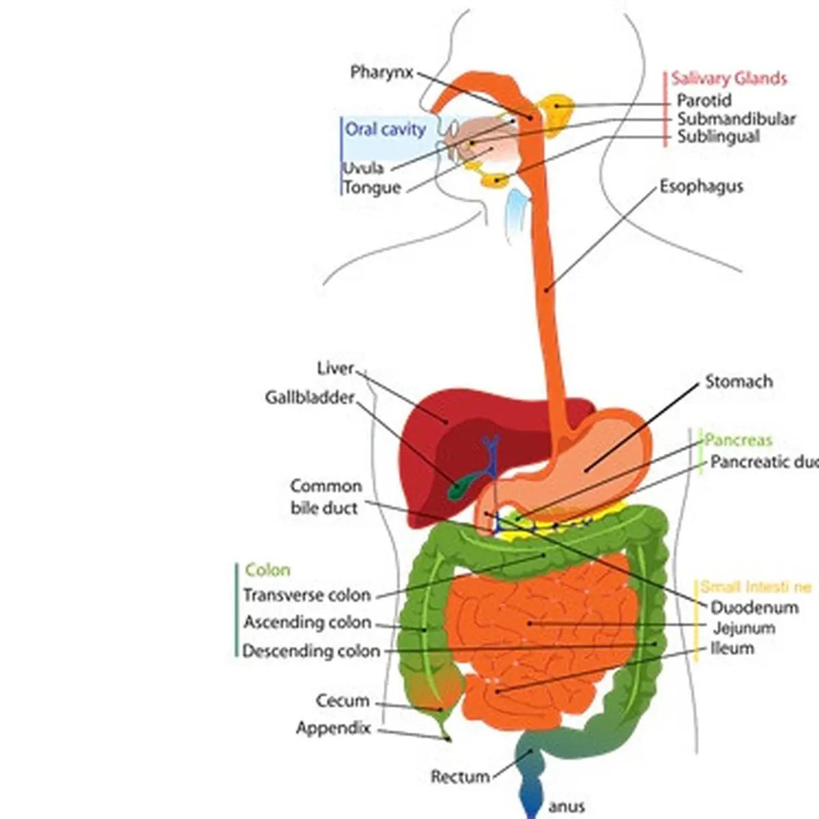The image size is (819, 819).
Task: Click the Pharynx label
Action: [382, 72]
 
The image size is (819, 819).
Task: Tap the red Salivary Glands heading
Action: [728, 78]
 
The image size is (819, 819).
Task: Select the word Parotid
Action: [704, 100]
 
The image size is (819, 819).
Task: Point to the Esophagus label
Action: [701, 186]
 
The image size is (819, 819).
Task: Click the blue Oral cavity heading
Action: [385, 129]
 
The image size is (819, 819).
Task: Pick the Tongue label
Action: [371, 188]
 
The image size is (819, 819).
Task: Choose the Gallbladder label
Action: [309, 397]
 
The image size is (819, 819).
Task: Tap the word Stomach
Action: [738, 382]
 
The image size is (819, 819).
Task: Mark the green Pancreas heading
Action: [738, 440]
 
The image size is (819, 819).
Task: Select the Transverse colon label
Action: [306, 595]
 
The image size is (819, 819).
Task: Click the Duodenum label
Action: [754, 607]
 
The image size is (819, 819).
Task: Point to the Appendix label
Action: [333, 728]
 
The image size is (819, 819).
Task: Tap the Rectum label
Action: [460, 777]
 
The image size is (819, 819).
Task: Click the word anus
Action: [566, 807]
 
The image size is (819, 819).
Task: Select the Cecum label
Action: [343, 701]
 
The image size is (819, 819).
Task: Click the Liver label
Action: [335, 369]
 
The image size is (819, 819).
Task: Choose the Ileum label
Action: [732, 648]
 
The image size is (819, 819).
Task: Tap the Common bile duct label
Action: [326, 497]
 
